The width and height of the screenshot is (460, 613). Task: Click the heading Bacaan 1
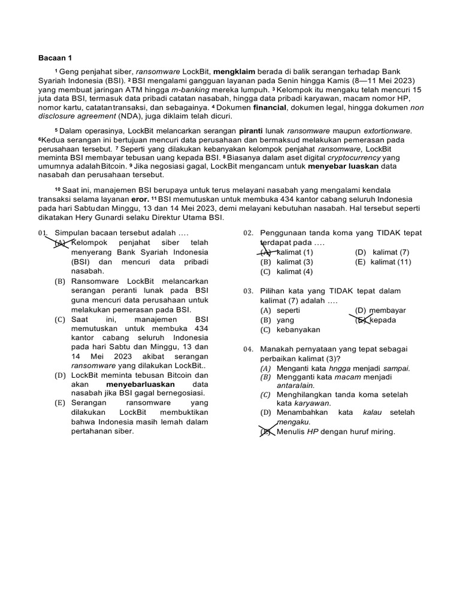[x=55, y=58]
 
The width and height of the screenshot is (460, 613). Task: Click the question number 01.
[x=43, y=233]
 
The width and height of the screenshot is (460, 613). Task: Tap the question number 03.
[x=249, y=291]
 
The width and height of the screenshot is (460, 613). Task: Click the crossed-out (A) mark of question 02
[x=265, y=252]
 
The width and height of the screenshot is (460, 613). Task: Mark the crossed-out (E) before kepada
[x=361, y=320]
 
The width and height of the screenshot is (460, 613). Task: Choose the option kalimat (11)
[x=391, y=262]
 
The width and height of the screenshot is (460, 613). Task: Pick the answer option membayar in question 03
[x=389, y=311]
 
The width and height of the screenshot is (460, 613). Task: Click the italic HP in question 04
[x=313, y=432]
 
